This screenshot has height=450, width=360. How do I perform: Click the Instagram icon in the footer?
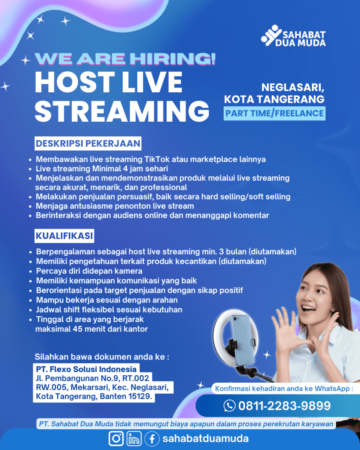pyautogui.click(x=116, y=439)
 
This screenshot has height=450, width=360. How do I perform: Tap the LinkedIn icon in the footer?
pyautogui.click(x=134, y=439)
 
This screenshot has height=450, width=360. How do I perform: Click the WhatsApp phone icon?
pyautogui.click(x=229, y=406)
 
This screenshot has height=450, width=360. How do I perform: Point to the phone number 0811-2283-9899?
pyautogui.click(x=284, y=406)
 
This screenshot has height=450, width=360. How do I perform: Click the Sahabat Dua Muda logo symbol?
pyautogui.click(x=271, y=35)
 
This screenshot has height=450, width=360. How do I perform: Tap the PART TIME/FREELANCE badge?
pyautogui.click(x=274, y=113)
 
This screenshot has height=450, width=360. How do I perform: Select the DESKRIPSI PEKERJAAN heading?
pyautogui.click(x=88, y=143)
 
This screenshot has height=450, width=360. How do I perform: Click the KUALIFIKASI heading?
pyautogui.click(x=64, y=236)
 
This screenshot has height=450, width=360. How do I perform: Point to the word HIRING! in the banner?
pyautogui.click(x=173, y=59)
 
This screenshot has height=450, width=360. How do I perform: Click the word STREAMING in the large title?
pyautogui.click(x=122, y=111)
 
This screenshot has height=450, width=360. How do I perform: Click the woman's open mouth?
pyautogui.click(x=308, y=309)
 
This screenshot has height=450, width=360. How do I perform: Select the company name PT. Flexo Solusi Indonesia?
pyautogui.click(x=86, y=369)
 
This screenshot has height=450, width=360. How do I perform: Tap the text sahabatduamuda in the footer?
pyautogui.click(x=206, y=439)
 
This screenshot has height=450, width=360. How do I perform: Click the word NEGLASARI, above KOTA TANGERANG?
pyautogui.click(x=293, y=87)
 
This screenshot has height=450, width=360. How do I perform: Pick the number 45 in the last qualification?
pyautogui.click(x=78, y=329)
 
